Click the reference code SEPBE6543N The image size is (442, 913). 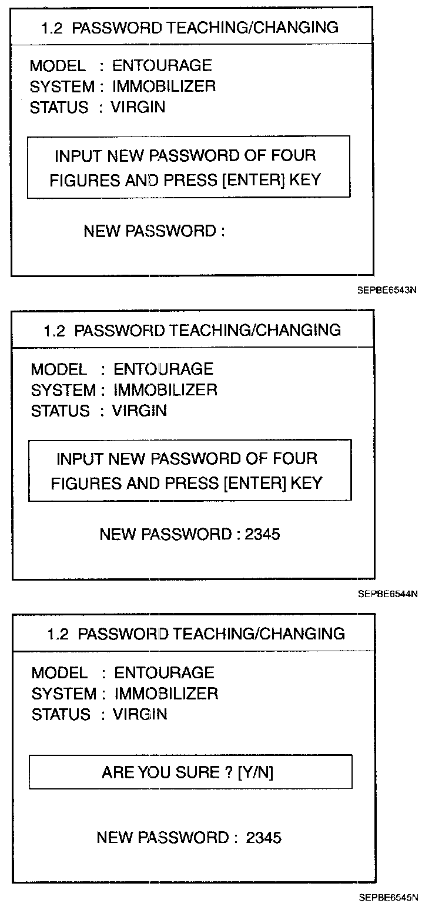387,290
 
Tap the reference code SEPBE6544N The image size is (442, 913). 387,594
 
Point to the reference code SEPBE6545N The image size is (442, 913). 388,898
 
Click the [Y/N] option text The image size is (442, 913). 256,772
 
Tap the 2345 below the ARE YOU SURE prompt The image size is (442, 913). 264,837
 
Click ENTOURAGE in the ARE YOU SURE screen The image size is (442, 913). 164,672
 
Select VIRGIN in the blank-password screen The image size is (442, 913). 138,107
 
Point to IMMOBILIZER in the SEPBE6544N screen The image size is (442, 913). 165,389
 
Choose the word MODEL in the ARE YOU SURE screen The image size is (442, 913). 59,672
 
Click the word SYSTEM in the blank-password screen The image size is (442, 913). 62,86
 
